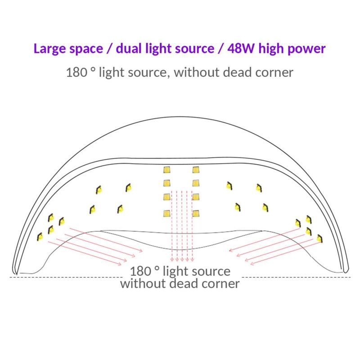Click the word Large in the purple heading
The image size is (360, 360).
point(50,49)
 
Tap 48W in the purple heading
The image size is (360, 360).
point(241,49)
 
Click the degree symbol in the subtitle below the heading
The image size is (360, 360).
point(93,69)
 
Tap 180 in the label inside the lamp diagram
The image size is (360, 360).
point(140,271)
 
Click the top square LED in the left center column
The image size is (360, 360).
point(166,170)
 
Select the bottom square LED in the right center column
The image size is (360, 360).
point(196,213)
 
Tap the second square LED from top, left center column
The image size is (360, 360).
point(166,183)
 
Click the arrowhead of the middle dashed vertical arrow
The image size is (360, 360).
point(182,260)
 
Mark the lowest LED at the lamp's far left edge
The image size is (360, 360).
point(40,237)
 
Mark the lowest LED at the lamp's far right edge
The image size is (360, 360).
point(319,238)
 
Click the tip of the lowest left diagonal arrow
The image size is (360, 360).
point(121,265)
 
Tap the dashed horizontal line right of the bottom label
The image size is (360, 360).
point(297,277)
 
